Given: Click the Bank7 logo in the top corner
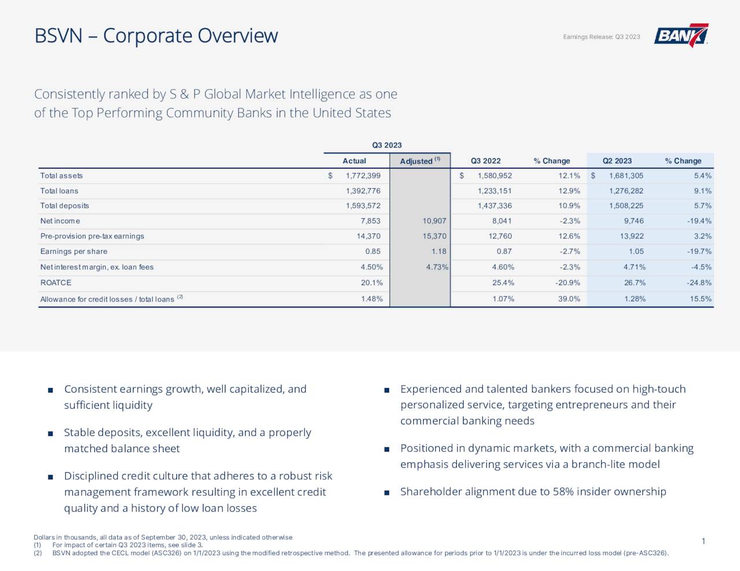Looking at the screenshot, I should (x=680, y=35).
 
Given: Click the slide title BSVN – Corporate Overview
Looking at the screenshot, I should (x=156, y=36).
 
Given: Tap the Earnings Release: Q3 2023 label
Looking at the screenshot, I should (x=601, y=37).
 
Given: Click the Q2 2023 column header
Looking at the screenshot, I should (x=617, y=161).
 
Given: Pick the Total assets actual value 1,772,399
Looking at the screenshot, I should (x=363, y=176).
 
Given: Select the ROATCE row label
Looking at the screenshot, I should (x=55, y=283).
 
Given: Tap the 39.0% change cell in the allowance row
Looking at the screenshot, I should (x=569, y=299).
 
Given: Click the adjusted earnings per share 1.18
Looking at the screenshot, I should (x=439, y=252).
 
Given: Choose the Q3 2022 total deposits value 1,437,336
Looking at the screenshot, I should (x=494, y=206).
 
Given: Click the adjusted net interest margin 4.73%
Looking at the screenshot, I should (x=437, y=267).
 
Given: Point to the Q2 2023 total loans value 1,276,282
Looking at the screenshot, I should (x=626, y=191).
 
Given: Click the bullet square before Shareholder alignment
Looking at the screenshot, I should (x=386, y=492).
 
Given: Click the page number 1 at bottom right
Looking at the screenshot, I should (x=703, y=541).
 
